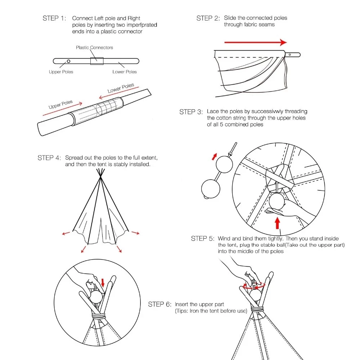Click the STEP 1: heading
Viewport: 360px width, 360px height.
[x=54, y=18]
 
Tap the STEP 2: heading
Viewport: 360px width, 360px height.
[x=208, y=18]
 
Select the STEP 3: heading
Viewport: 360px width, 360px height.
[x=191, y=112]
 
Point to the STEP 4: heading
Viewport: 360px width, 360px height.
[x=49, y=158]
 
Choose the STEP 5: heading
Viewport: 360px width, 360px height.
[x=203, y=238]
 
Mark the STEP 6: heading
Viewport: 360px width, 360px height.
[x=160, y=305]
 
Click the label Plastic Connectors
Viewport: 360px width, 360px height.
[x=94, y=48]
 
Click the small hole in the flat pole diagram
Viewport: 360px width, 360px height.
[x=68, y=61]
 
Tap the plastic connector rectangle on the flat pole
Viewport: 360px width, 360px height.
[x=97, y=61]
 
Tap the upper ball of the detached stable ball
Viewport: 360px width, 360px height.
[x=224, y=164]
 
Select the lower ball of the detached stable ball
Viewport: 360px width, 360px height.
[x=210, y=188]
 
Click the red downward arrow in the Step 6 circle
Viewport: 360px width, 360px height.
[x=103, y=282]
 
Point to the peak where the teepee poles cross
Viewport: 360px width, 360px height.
[x=101, y=179]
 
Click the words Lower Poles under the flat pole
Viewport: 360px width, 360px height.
[x=125, y=72]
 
